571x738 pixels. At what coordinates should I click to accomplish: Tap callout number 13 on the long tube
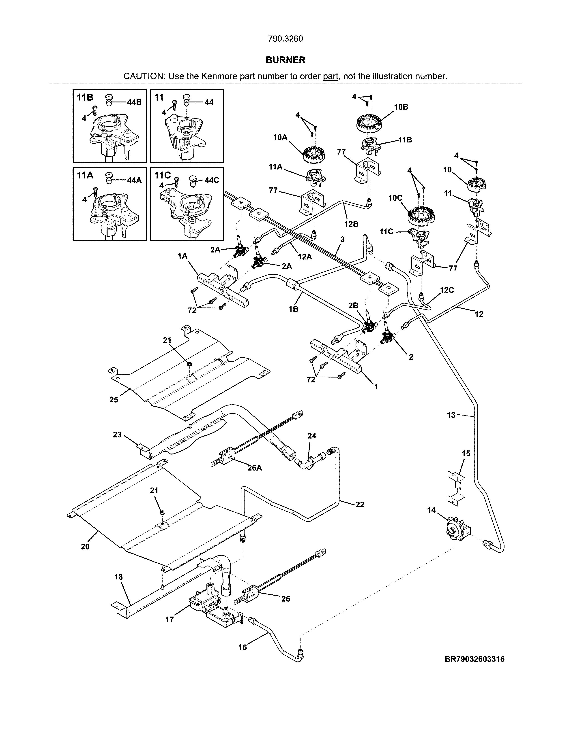tap(451, 415)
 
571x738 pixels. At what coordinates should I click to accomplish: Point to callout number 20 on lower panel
tap(85, 546)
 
